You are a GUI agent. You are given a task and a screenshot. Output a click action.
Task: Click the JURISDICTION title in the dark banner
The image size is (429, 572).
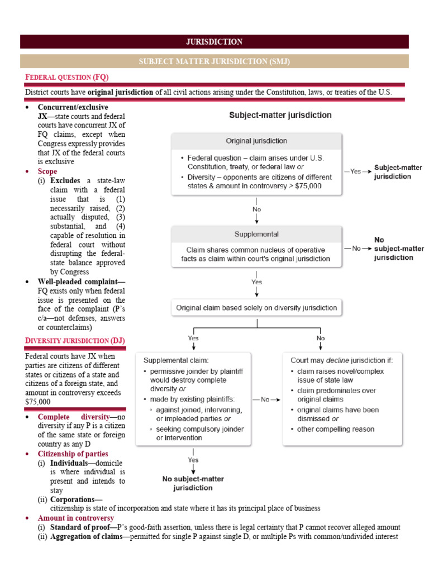(214, 42)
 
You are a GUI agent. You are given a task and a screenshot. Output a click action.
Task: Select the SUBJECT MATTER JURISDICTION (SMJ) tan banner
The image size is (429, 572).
(214, 61)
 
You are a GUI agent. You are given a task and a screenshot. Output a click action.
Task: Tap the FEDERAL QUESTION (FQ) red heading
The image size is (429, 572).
(66, 77)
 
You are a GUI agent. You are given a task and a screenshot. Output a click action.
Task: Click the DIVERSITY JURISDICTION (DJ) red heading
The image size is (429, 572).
(75, 341)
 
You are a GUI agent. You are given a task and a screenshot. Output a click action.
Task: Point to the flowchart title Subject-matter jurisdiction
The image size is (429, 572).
(281, 116)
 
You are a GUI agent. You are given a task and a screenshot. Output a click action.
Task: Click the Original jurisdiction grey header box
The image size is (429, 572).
(256, 141)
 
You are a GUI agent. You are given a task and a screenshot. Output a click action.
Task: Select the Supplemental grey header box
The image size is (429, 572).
(256, 234)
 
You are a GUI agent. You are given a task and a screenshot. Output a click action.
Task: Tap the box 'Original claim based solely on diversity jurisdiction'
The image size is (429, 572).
(256, 307)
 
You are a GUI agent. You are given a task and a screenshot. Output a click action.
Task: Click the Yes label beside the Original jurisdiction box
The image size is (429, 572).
(356, 171)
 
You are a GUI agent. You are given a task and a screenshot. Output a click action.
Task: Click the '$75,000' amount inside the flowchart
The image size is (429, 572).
(306, 186)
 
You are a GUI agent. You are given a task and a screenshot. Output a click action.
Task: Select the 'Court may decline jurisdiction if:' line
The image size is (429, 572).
(341, 360)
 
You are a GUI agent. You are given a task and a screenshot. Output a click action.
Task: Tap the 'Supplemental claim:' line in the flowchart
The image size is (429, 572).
(177, 360)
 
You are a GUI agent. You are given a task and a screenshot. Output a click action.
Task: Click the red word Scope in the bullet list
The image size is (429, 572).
(47, 171)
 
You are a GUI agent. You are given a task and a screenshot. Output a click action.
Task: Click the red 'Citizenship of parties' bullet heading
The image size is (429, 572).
(73, 454)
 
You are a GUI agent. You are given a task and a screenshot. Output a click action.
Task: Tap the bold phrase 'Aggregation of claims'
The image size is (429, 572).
(84, 537)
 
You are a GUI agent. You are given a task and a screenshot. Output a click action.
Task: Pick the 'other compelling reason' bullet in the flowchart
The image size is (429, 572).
(336, 429)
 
